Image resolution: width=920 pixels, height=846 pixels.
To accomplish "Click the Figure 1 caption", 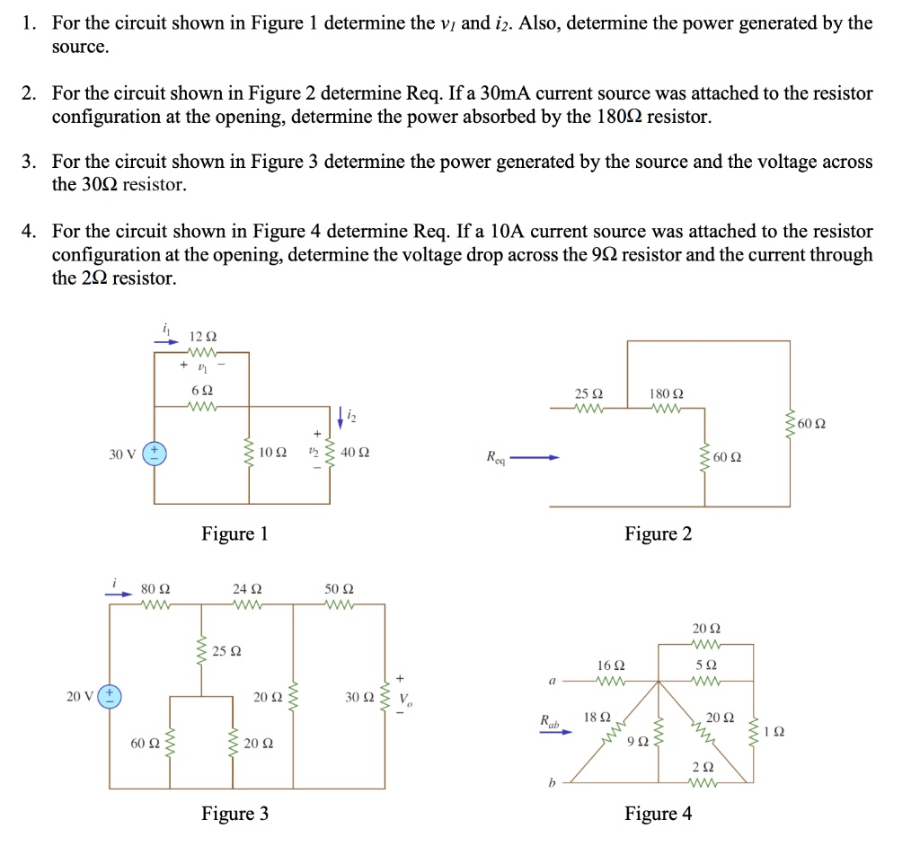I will (234, 534).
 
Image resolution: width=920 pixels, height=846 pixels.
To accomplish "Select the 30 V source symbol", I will (155, 453).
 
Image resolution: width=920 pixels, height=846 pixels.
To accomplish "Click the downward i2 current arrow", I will (341, 419).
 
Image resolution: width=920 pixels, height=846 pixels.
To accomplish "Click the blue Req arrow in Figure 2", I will (536, 458).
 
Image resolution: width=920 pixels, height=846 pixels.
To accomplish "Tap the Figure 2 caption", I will (659, 534).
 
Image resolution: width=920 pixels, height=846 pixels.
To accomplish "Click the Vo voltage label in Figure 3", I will (404, 700).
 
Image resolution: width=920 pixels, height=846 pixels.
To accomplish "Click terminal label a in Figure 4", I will (552, 682).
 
